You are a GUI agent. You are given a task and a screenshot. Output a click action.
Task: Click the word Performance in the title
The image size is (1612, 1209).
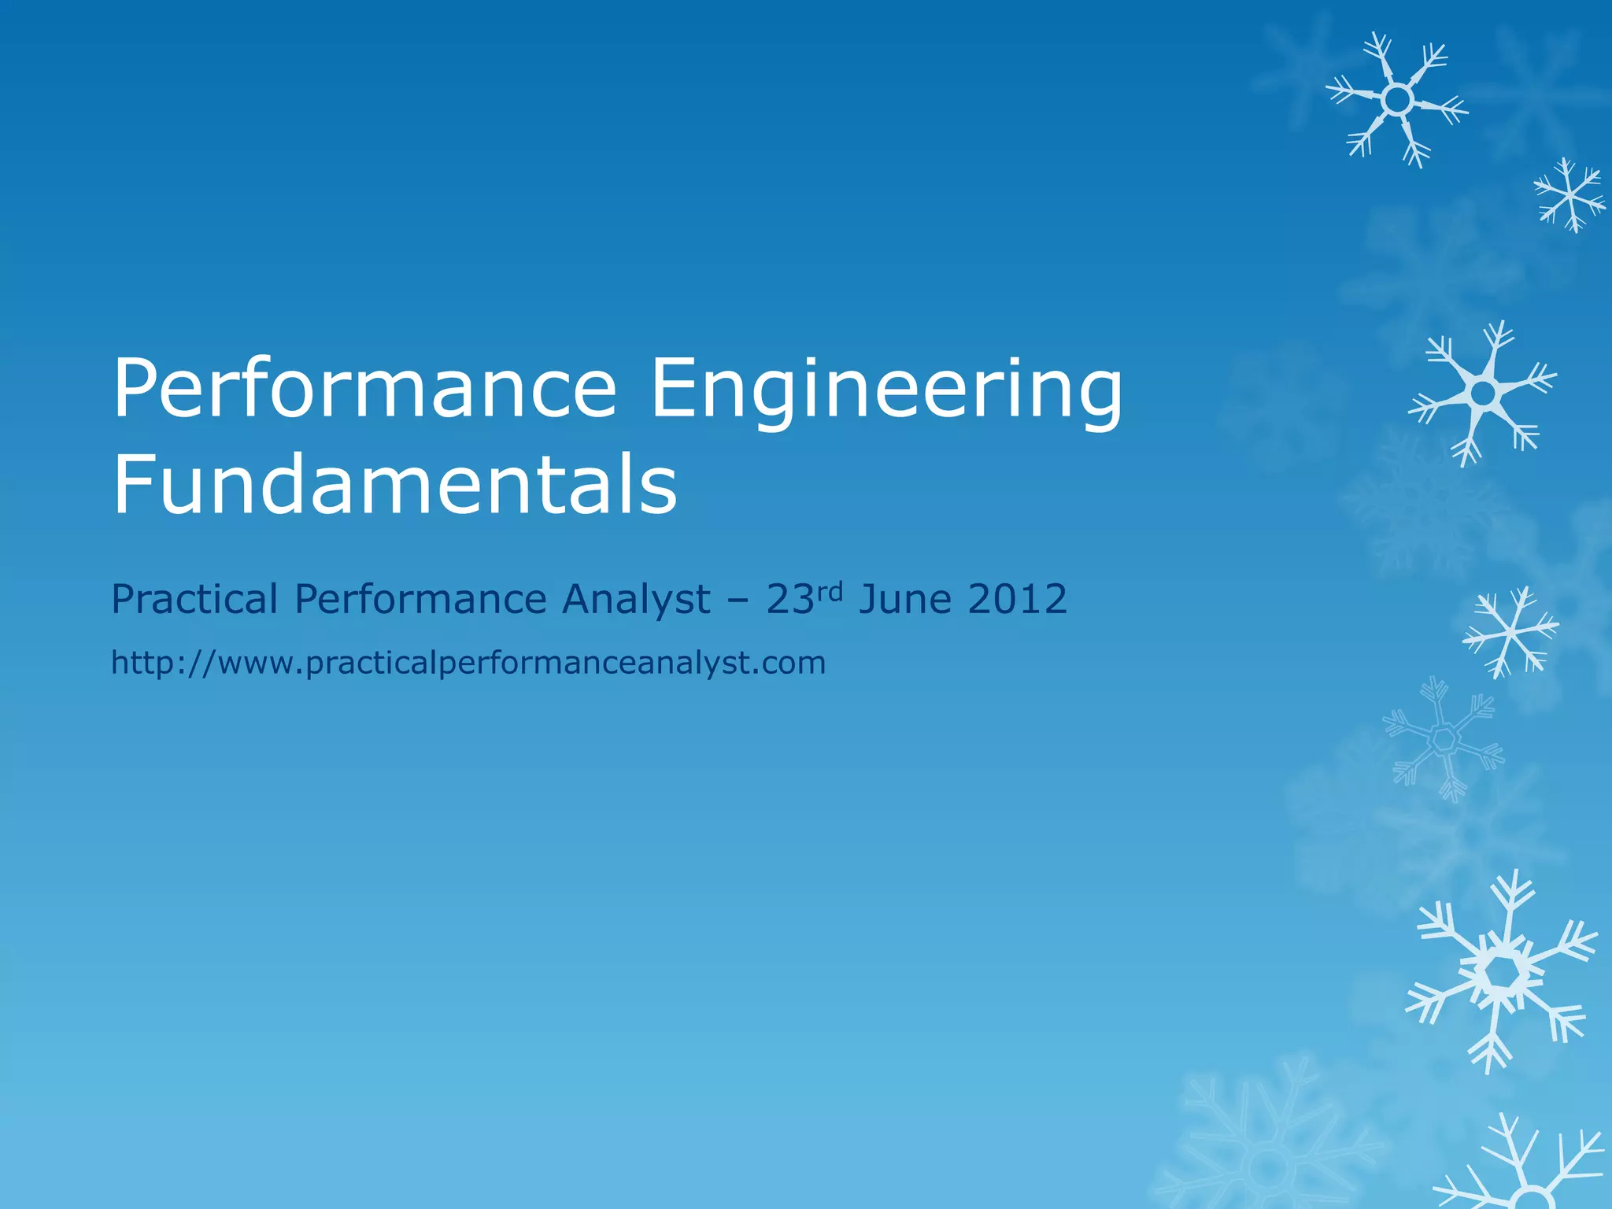(364, 390)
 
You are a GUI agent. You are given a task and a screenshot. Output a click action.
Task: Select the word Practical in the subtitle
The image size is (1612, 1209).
(194, 599)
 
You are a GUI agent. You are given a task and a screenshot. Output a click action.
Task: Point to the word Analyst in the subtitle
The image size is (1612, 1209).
(635, 599)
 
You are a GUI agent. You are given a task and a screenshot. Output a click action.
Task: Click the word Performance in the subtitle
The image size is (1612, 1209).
(420, 599)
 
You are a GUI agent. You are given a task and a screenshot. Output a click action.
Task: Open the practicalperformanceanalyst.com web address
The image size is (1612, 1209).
(468, 663)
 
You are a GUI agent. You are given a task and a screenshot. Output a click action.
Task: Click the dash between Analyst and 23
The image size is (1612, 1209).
(738, 601)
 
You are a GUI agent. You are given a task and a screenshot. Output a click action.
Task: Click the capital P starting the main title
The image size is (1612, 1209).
(139, 388)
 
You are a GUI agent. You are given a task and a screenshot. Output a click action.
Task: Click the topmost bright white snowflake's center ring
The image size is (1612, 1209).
(1397, 100)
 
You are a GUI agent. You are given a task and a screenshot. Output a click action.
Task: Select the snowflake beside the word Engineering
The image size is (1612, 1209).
(1483, 392)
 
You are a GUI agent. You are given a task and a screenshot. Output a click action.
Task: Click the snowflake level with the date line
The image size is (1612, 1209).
(1510, 631)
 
